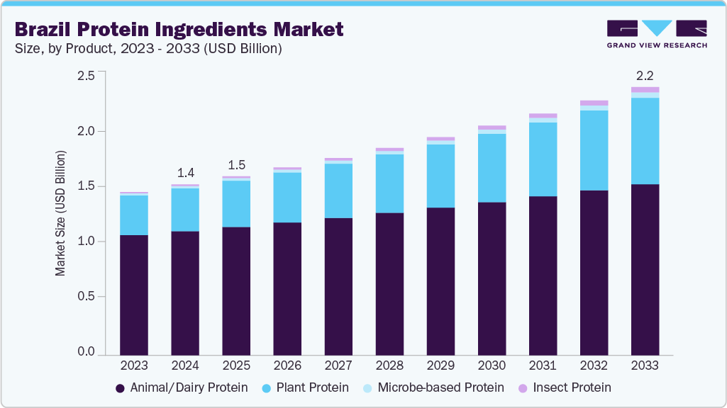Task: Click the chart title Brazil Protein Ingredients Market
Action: click(x=179, y=29)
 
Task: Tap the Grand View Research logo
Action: click(x=656, y=33)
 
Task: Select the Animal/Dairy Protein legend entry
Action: click(x=181, y=387)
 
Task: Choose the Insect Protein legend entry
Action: click(x=564, y=387)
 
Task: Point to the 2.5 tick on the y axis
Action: click(x=86, y=76)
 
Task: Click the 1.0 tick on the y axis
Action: click(x=86, y=242)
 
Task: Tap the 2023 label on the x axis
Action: click(x=134, y=365)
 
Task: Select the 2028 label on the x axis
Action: click(x=389, y=365)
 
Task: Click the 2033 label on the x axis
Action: click(x=645, y=365)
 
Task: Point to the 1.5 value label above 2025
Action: click(x=236, y=165)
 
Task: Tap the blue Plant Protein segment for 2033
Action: click(x=645, y=141)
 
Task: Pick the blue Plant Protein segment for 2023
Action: click(x=134, y=215)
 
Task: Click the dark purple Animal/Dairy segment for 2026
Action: click(x=287, y=288)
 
